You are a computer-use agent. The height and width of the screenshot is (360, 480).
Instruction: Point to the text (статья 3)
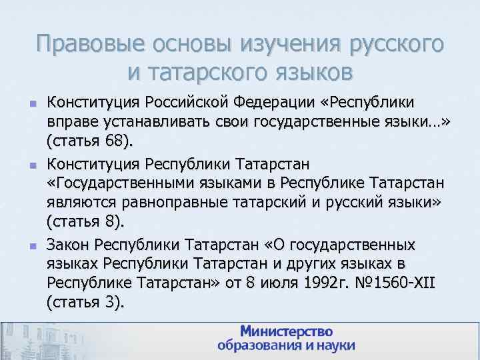click(x=86, y=302)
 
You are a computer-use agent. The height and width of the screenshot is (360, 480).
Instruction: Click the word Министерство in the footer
click(x=286, y=331)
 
